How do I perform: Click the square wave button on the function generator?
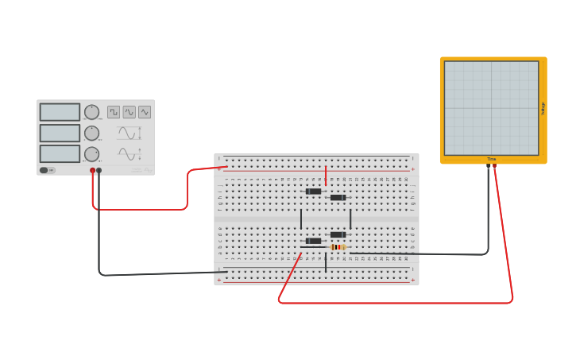pyautogui.click(x=114, y=112)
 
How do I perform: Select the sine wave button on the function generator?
pyautogui.click(x=129, y=112)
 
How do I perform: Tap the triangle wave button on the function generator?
pyautogui.click(x=145, y=112)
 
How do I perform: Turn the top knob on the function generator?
pyautogui.click(x=92, y=112)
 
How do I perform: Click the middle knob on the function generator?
pyautogui.click(x=92, y=133)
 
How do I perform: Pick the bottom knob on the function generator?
pyautogui.click(x=92, y=153)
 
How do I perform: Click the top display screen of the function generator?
pyautogui.click(x=60, y=112)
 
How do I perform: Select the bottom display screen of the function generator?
pyautogui.click(x=60, y=153)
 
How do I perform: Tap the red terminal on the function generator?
pyautogui.click(x=93, y=170)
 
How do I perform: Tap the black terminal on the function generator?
pyautogui.click(x=99, y=170)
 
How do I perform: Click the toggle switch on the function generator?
pyautogui.click(x=44, y=170)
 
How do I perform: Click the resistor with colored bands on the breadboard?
pyautogui.click(x=338, y=247)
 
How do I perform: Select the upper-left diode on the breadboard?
pyautogui.click(x=314, y=191)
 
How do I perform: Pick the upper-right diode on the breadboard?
pyautogui.click(x=338, y=197)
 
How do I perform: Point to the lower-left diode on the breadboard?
pyautogui.click(x=314, y=241)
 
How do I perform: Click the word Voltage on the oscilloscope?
pyautogui.click(x=543, y=108)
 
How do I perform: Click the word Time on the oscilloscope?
pyautogui.click(x=492, y=160)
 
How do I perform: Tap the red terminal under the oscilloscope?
pyautogui.click(x=494, y=166)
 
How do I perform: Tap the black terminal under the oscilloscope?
pyautogui.click(x=489, y=166)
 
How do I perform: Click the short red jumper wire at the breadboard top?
pyautogui.click(x=326, y=175)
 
